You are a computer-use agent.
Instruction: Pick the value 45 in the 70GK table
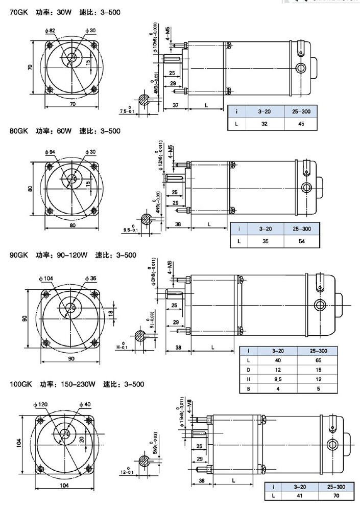tap(298, 123)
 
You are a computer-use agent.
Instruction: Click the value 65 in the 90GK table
tap(315, 360)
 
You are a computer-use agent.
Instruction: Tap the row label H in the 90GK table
tap(248, 380)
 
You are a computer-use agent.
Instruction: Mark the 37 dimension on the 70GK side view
tap(175, 105)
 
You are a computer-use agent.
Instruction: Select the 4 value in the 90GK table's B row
tap(279, 389)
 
